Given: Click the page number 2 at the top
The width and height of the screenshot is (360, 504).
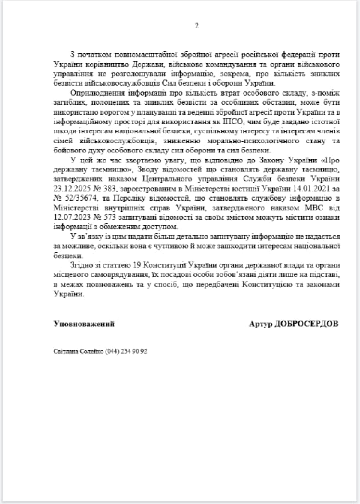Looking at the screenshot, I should pos(196,26).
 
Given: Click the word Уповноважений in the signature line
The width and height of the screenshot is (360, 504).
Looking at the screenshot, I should pos(84,324).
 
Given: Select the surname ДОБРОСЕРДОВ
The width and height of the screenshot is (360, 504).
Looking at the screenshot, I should pos(306,324).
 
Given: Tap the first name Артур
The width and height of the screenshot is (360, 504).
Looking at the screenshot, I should pos(260,324).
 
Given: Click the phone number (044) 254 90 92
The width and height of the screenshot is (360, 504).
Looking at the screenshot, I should pos(126,351).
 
